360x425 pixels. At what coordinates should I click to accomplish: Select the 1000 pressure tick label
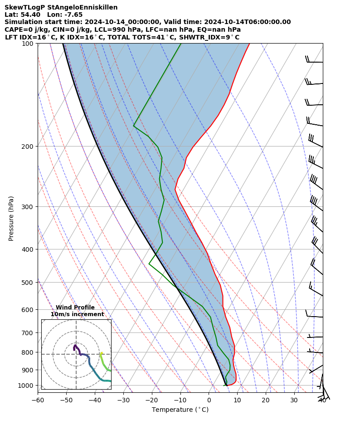tap(26, 386)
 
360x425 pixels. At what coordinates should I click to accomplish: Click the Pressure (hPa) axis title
tap(11, 218)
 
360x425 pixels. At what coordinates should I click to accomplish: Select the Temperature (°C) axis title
tap(180, 410)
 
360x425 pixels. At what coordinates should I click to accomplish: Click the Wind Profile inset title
tap(75, 308)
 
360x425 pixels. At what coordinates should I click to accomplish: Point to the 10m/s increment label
tap(77, 314)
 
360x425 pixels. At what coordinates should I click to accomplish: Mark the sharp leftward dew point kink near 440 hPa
tap(149, 264)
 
